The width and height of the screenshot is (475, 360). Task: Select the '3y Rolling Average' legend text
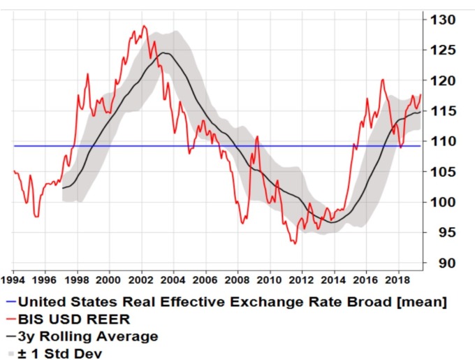click(x=87, y=336)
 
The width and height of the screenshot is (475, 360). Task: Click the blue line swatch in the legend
click(x=10, y=303)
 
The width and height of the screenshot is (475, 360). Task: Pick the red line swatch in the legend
click(x=10, y=319)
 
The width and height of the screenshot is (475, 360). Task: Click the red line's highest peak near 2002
click(x=144, y=26)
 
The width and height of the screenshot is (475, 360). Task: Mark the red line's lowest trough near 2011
click(x=295, y=243)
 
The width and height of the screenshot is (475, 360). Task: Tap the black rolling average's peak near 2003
click(x=163, y=52)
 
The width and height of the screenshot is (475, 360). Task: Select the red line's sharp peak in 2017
click(x=382, y=80)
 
